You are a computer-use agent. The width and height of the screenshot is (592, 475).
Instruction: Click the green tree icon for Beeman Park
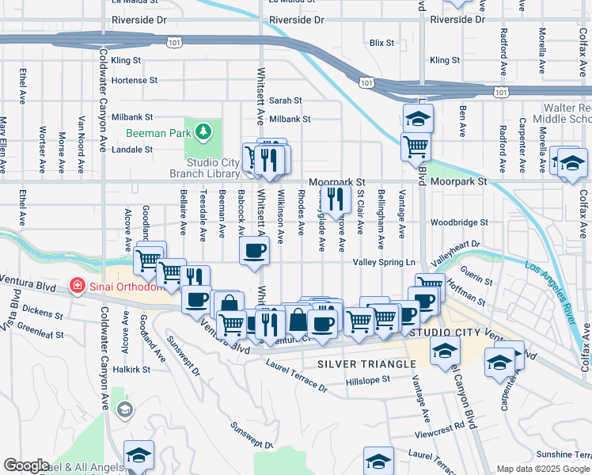[x=203, y=131]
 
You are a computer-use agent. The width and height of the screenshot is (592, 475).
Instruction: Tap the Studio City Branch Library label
[x=204, y=168]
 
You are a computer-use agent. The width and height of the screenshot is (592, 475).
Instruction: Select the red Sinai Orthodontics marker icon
[x=78, y=284]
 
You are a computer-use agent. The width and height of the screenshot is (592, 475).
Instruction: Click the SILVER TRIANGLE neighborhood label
[x=366, y=363]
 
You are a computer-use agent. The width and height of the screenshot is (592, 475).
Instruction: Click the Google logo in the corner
[x=25, y=465]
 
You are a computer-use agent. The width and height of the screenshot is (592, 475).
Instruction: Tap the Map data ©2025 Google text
[x=543, y=469]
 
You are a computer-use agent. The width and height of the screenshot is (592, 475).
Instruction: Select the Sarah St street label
[x=286, y=101]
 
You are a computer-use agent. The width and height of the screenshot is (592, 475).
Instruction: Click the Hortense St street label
[x=135, y=81]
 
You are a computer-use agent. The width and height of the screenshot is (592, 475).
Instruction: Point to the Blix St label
[x=381, y=43]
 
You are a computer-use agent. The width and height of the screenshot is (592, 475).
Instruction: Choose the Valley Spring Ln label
[x=384, y=262]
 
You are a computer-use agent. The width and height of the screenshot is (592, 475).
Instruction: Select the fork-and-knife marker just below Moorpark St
[x=335, y=199]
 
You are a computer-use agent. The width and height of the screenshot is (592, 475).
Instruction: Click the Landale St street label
[x=131, y=149]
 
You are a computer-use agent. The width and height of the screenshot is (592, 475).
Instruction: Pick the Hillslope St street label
[x=368, y=380]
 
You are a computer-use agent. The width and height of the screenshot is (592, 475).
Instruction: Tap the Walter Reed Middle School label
[x=565, y=113]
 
